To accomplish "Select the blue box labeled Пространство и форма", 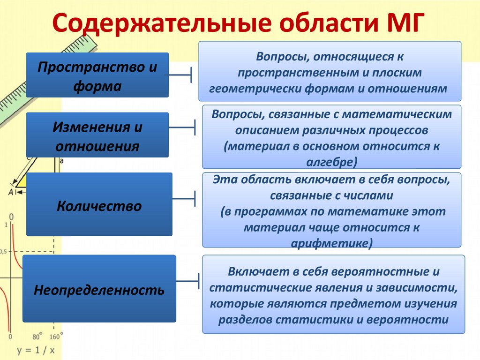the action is [x=97, y=75].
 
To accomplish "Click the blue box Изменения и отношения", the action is [x=97, y=135].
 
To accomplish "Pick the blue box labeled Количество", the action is [x=99, y=205].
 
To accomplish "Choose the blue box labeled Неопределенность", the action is [x=99, y=289].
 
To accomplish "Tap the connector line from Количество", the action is [x=184, y=199].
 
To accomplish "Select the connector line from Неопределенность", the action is [x=188, y=282].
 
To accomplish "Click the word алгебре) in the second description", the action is [x=332, y=161].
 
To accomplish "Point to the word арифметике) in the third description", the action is [x=332, y=243].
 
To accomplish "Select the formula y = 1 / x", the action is [x=36, y=350].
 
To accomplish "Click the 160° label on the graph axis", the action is [x=56, y=336].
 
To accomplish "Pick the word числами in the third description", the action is [x=367, y=194].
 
